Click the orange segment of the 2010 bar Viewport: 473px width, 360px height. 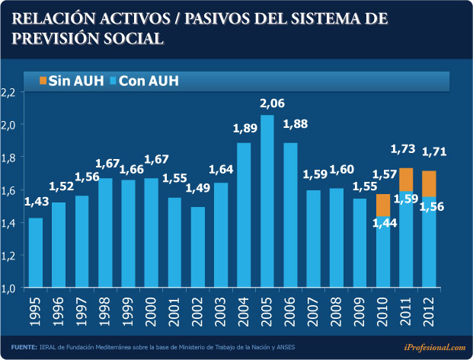[x=383, y=204]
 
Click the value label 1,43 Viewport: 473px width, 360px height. [x=37, y=202]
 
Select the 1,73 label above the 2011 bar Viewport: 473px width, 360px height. [x=403, y=149]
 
